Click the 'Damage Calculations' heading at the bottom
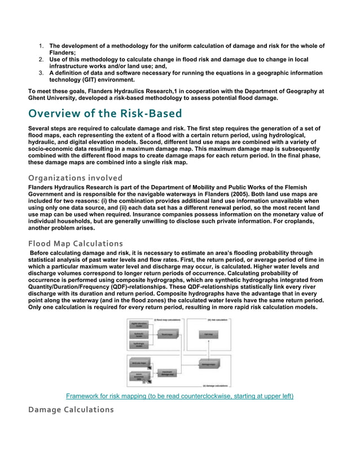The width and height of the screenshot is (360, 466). [x=71, y=409]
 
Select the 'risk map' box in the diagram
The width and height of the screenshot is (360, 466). [x=207, y=335]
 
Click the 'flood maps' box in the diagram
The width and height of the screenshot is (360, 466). [x=166, y=335]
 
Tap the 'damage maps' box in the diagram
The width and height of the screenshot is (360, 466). [x=207, y=364]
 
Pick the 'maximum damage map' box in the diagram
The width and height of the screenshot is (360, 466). [x=166, y=372]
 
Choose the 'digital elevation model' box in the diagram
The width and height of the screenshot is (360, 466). [x=138, y=324]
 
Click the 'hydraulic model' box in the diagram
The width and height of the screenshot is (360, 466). [x=138, y=335]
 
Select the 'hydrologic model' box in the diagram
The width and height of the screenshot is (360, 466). [x=138, y=344]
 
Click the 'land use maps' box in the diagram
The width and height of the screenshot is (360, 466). [x=138, y=364]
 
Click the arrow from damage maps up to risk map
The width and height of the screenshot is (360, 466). [x=207, y=350]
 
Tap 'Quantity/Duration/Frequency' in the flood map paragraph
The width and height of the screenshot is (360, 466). [x=63, y=287]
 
